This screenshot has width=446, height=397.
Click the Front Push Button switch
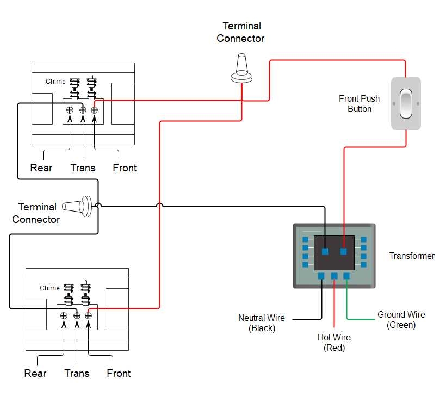click(406, 103)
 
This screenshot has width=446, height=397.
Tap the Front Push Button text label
click(359, 104)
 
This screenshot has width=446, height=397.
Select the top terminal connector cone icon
click(242, 70)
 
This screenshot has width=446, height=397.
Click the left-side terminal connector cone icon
click(78, 206)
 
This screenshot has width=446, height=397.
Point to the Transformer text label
click(412, 256)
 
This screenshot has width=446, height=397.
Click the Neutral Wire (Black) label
click(261, 323)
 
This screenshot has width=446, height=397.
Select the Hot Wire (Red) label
click(334, 343)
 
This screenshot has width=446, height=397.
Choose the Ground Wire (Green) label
click(401, 320)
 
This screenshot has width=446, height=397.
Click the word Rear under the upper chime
click(41, 168)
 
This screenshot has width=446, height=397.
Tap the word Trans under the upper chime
click(83, 168)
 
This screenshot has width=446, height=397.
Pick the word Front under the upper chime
click(125, 168)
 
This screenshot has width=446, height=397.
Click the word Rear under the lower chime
click(35, 373)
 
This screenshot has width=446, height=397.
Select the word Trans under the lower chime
click(77, 373)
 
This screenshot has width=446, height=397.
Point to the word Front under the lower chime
click(119, 373)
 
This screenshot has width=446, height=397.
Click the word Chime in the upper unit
click(55, 82)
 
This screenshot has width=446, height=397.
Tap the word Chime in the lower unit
click(49, 288)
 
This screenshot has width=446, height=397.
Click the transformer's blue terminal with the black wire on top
click(325, 251)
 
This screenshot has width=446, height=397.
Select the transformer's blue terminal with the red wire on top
click(344, 251)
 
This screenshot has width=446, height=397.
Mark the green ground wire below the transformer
click(348, 305)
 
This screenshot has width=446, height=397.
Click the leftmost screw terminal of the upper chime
click(70, 110)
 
